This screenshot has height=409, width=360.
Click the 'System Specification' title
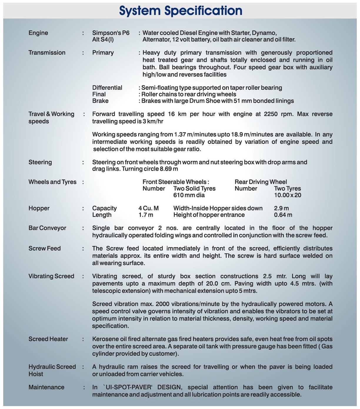[181, 11]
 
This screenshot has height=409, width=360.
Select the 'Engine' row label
[38, 33]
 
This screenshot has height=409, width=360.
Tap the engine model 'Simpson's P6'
[111, 33]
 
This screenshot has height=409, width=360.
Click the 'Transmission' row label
[47, 53]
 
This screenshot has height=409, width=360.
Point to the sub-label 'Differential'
[107, 88]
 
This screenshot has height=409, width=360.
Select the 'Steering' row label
[40, 162]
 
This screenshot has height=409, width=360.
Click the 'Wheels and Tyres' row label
[52, 182]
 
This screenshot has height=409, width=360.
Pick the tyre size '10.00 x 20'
[288, 195]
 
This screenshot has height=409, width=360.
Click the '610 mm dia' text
[189, 195]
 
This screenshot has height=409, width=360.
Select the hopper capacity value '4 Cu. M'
[149, 208]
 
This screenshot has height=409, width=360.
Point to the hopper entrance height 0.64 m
[283, 215]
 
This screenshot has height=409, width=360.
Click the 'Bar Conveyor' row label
[47, 228]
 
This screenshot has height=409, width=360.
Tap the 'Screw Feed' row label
[44, 248]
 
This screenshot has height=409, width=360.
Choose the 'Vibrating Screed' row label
[51, 276]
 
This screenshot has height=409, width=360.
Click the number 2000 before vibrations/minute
[163, 304]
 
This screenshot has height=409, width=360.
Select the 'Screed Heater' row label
[48, 339]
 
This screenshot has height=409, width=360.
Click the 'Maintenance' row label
[46, 387]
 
